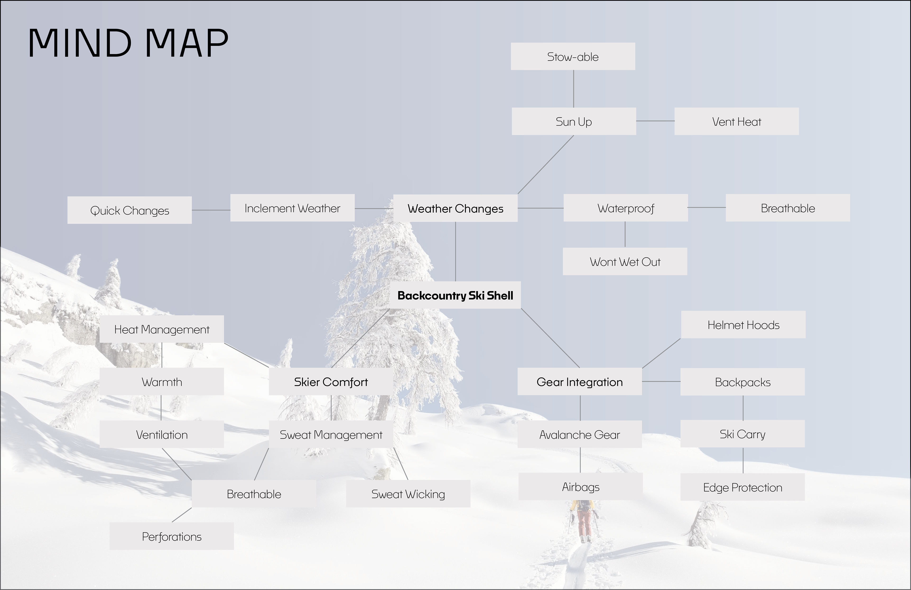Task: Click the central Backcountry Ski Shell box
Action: (455, 295)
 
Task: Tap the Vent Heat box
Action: (736, 122)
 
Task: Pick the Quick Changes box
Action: (129, 210)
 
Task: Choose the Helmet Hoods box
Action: (743, 325)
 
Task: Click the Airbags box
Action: (580, 486)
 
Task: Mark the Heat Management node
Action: (162, 329)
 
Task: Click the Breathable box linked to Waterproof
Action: (787, 208)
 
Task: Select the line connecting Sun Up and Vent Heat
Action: (655, 121)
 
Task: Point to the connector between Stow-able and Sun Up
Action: (573, 89)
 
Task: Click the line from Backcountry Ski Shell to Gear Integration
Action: (550, 338)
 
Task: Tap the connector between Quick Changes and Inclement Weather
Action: (211, 210)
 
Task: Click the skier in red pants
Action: (584, 521)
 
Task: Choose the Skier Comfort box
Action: (331, 382)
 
